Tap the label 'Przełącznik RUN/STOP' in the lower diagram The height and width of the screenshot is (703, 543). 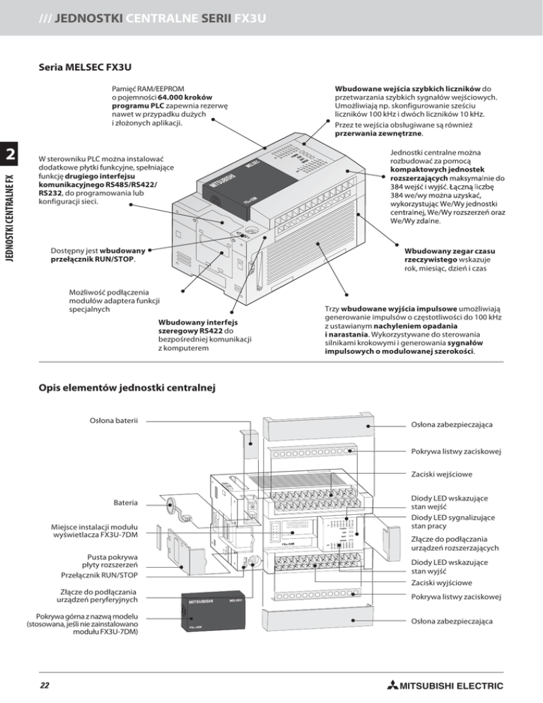[99, 575]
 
